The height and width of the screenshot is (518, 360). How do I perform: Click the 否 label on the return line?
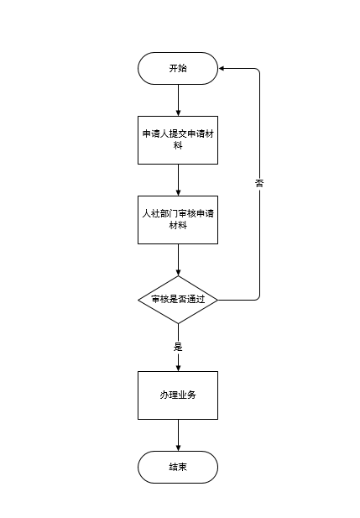click(259, 183)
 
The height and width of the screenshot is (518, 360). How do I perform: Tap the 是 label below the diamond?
click(178, 347)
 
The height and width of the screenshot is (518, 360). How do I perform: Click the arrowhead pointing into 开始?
click(222, 68)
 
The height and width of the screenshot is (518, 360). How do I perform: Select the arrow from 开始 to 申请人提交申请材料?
click(179, 100)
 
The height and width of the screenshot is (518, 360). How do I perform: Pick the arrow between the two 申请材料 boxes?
click(179, 180)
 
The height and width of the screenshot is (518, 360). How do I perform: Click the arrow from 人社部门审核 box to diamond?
click(179, 260)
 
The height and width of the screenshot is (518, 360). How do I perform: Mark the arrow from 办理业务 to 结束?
click(179, 436)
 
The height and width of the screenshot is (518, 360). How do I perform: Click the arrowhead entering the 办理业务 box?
click(179, 368)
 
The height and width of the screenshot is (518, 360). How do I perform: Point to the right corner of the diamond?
click(218, 300)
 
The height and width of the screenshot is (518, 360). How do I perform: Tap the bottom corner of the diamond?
click(178, 324)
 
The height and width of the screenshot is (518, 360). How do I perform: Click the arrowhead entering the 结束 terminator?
click(179, 448)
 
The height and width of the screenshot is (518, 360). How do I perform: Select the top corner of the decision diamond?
click(178, 276)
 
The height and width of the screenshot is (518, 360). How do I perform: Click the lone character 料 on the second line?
click(178, 145)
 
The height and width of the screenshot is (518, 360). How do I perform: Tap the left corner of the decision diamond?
click(138, 300)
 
